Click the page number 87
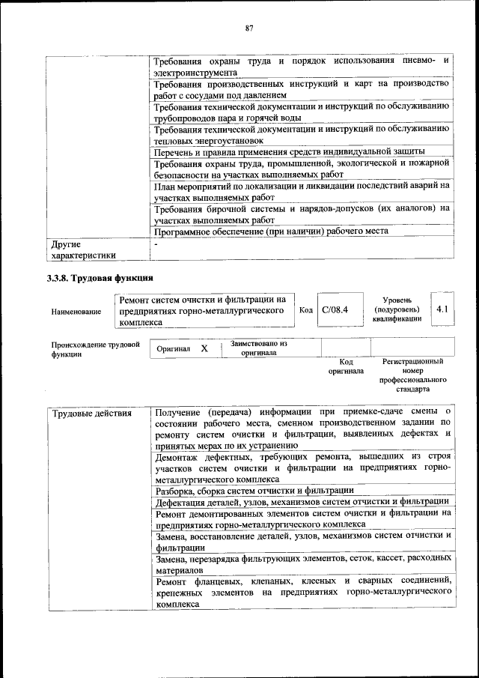coord(249,28)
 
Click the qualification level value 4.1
coord(441,309)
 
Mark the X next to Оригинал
coord(204,348)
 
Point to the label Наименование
coord(76,311)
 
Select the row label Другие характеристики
coord(83,249)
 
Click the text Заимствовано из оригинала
coord(258,348)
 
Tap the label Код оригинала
coord(345,366)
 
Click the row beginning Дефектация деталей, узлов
coord(301,501)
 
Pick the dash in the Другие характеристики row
coord(156,244)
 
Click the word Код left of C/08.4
coord(305,309)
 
